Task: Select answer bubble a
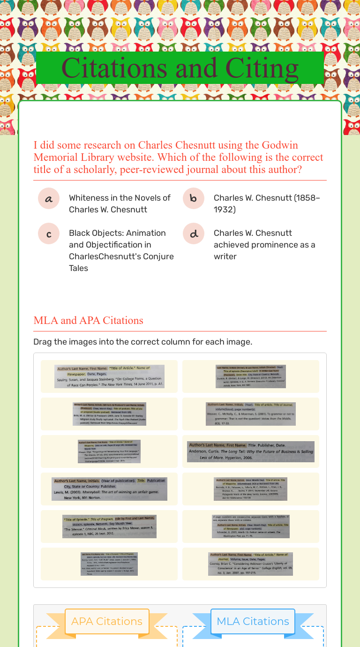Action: [x=49, y=198]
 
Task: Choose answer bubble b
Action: [x=194, y=198]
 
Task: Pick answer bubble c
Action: [x=49, y=233]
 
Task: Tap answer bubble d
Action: [x=194, y=233]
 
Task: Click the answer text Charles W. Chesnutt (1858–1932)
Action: [x=267, y=203]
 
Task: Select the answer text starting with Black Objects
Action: [x=121, y=250]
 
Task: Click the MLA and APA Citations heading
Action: [x=88, y=320]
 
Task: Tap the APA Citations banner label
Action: [x=107, y=621]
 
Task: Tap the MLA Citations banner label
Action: [x=253, y=621]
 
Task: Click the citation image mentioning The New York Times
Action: [x=109, y=376]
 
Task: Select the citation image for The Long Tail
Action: [x=251, y=451]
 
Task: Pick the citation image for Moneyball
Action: [x=109, y=489]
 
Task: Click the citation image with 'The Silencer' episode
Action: [x=109, y=526]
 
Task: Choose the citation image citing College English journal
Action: [x=251, y=564]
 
